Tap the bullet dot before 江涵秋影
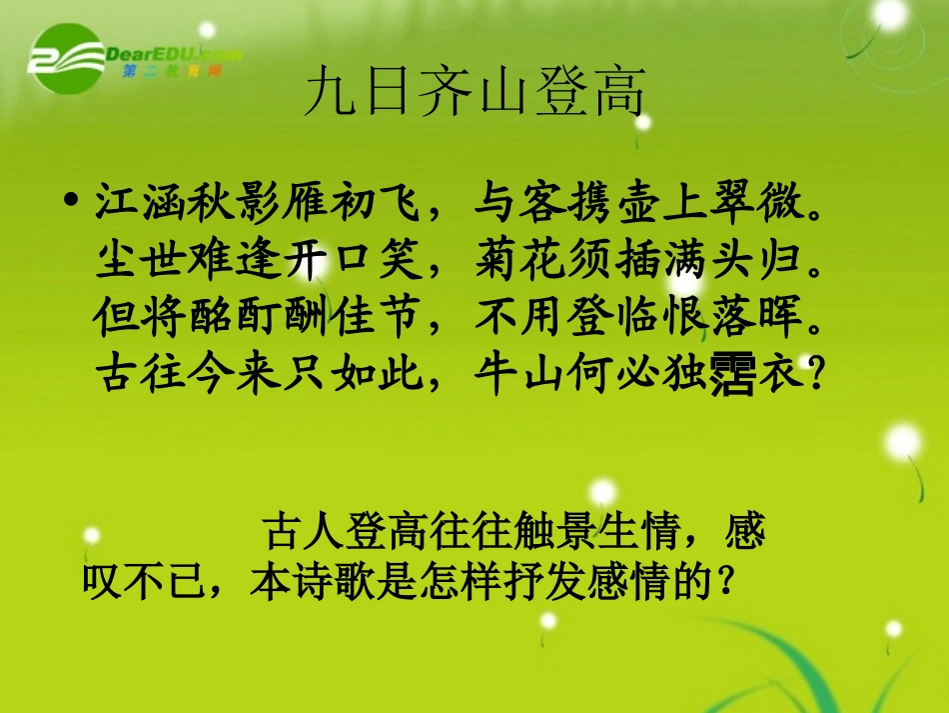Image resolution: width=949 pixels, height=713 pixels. click(x=70, y=202)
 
